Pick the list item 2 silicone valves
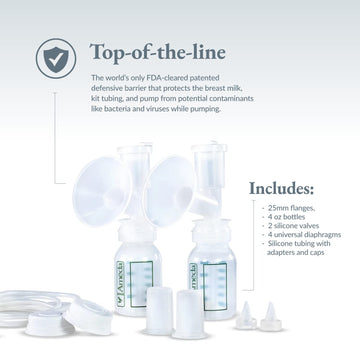tap(292, 226)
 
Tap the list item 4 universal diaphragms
tap(301, 236)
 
